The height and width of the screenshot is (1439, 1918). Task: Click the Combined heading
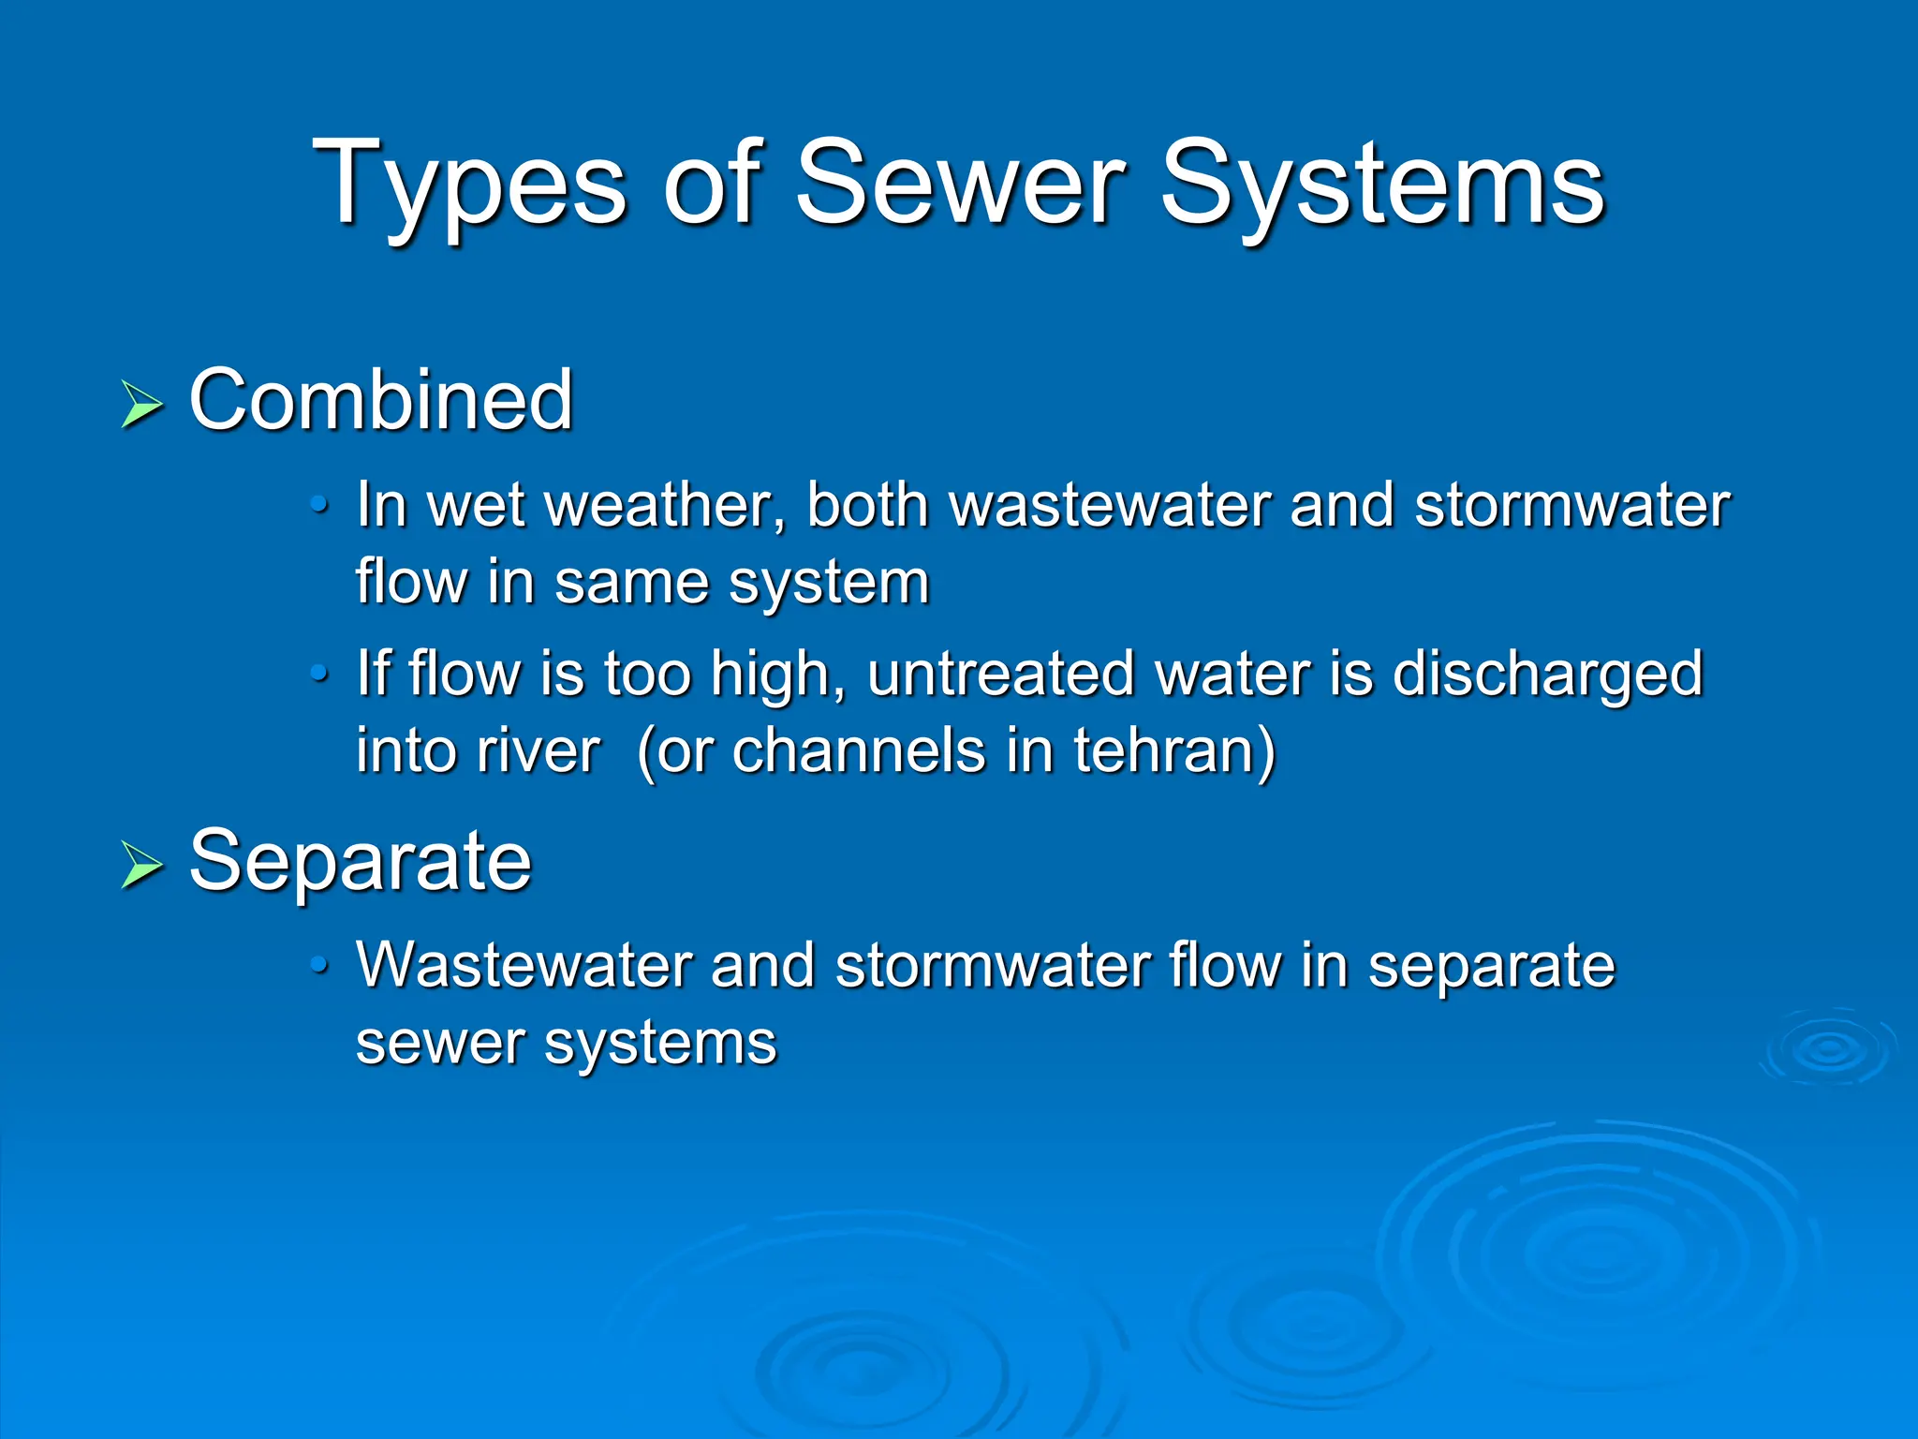[380, 400]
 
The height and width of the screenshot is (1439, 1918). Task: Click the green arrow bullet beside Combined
[141, 405]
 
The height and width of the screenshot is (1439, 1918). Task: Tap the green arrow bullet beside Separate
[141, 865]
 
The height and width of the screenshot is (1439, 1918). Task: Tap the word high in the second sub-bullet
[770, 674]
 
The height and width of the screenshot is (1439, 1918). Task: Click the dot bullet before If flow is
[319, 673]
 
